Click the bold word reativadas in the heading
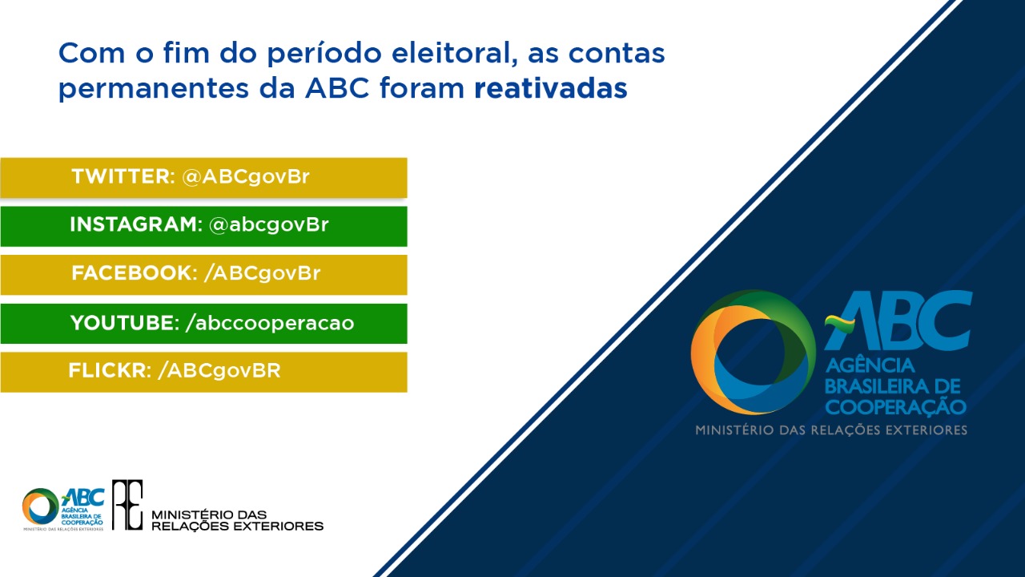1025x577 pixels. [550, 89]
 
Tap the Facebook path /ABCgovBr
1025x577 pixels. [262, 273]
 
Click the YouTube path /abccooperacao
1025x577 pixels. [269, 323]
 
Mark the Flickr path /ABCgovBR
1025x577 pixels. [219, 371]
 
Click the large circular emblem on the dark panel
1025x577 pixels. [753, 352]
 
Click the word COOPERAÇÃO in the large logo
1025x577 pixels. [895, 406]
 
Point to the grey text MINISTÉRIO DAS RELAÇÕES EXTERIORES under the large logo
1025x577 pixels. [830, 430]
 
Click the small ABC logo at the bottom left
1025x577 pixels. [63, 508]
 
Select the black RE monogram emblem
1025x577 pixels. [127, 505]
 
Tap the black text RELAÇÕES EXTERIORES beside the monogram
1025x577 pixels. [237, 527]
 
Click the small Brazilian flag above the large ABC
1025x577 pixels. [840, 324]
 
